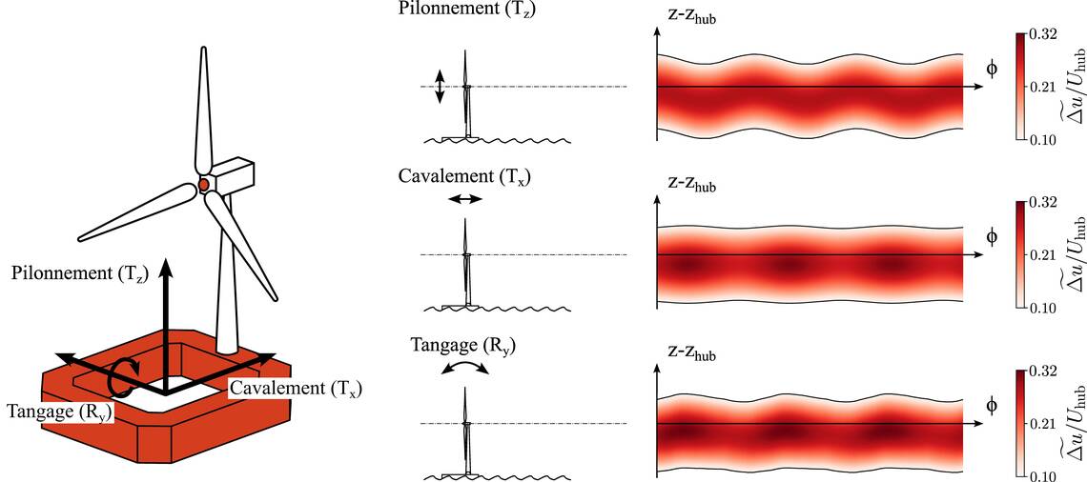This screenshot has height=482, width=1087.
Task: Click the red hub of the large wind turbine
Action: [x=203, y=184]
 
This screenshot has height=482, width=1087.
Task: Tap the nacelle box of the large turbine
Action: [x=232, y=176]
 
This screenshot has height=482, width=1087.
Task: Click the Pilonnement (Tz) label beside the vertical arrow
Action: [x=78, y=274]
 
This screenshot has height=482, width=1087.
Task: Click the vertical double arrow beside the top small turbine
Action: [x=440, y=87]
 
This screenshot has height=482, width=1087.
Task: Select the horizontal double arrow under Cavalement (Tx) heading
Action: [x=465, y=199]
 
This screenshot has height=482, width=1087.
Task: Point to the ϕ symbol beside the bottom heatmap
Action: [x=992, y=405]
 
